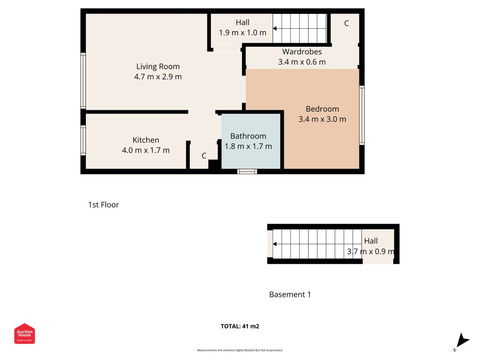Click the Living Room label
click(158, 67)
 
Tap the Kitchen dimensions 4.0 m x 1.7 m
click(146, 150)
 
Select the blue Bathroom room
click(251, 141)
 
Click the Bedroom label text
click(323, 109)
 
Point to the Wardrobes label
click(302, 52)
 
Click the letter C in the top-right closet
click(346, 23)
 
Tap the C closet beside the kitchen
click(204, 156)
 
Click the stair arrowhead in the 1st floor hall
click(275, 28)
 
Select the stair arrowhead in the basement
click(275, 244)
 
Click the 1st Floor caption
click(103, 205)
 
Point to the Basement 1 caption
click(290, 294)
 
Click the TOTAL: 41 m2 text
click(240, 326)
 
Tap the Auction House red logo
click(24, 333)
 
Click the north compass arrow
click(462, 341)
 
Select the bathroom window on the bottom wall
click(247, 171)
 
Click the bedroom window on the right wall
click(362, 115)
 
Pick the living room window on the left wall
click(83, 81)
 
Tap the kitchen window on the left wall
click(83, 140)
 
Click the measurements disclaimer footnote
click(240, 350)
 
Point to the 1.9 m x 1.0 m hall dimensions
click(242, 33)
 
